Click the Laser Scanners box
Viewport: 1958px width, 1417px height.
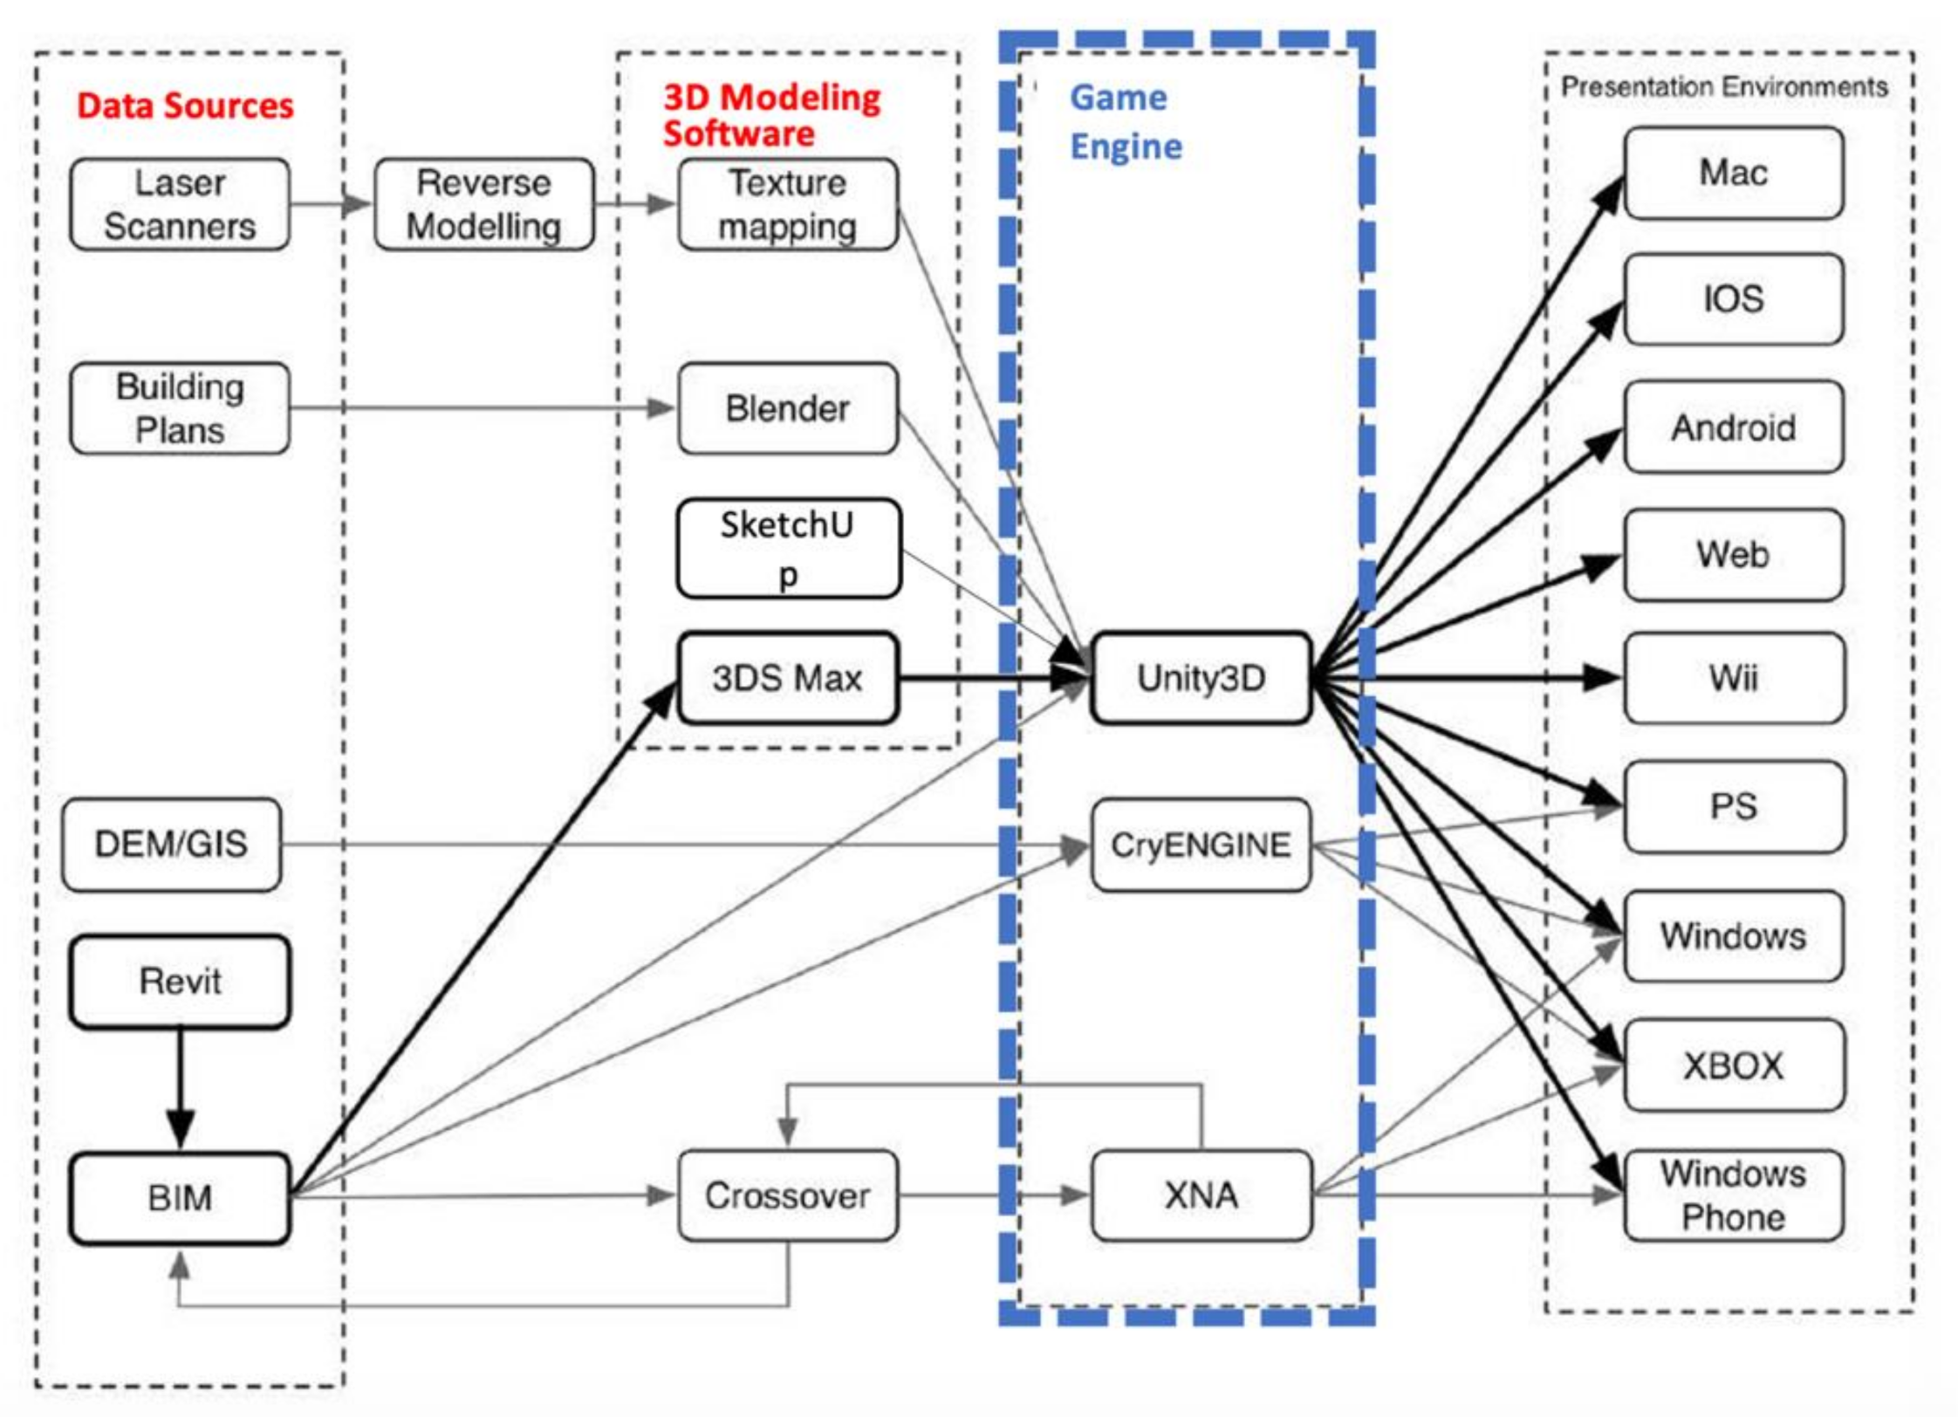pos(180,204)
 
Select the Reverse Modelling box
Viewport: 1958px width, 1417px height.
pos(483,204)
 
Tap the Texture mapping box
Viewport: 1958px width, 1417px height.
pos(787,204)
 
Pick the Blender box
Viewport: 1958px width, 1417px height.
pos(787,407)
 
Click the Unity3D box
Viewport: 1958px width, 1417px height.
pos(1201,678)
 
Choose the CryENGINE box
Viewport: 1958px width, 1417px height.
pos(1201,845)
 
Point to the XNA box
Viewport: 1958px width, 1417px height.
pos(1201,1195)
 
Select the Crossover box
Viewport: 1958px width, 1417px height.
pos(787,1195)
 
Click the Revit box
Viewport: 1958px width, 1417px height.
pos(180,982)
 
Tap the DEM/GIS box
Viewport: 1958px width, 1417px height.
pos(171,844)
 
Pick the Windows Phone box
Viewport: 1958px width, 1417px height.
pos(1733,1195)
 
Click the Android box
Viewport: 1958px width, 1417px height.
pos(1733,427)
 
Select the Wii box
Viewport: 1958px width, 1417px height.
pos(1733,678)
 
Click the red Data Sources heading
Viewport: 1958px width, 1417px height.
pos(185,106)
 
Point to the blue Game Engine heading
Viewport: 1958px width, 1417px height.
pos(1125,121)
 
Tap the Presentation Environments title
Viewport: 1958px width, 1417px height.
pos(1723,86)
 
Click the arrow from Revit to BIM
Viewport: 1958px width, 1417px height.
pos(180,1087)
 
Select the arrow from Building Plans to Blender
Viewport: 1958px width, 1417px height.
pos(480,407)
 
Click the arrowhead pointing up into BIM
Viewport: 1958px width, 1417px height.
pos(180,1265)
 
